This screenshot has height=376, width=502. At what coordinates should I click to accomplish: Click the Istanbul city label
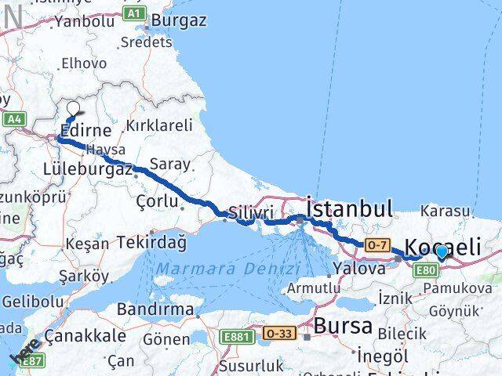click(349, 208)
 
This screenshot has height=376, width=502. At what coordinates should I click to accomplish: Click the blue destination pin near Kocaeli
click(442, 252)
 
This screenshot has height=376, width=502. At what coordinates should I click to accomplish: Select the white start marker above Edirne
click(74, 109)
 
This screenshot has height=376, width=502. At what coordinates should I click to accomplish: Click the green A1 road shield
click(135, 13)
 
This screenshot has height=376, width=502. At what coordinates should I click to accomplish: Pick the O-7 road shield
click(376, 246)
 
